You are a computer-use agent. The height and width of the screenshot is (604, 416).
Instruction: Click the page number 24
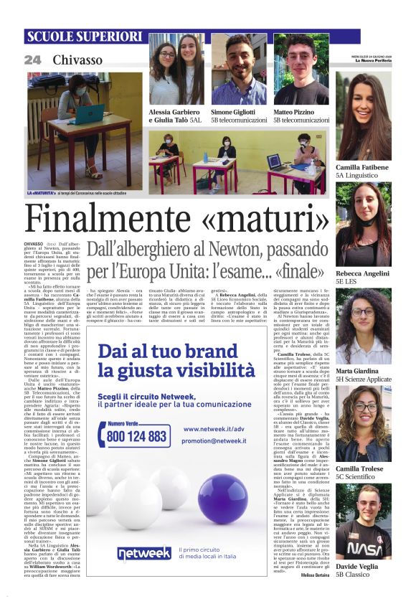point(33,60)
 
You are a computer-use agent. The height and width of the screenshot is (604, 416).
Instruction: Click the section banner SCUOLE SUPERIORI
point(85,37)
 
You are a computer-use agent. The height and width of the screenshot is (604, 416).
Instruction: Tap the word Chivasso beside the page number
point(77,60)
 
